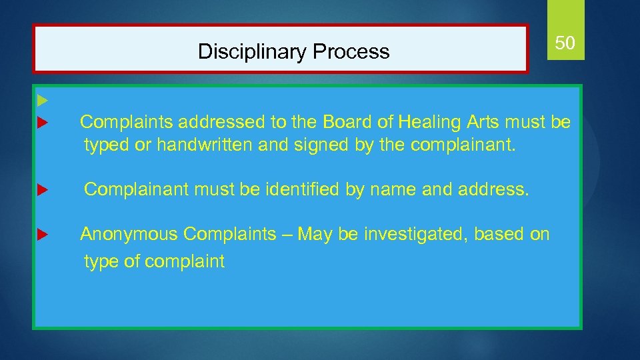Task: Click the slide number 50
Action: tap(565, 44)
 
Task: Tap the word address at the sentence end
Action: tap(493, 190)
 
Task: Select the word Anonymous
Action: tap(129, 234)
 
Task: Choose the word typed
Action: tap(107, 145)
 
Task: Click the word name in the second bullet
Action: tap(384, 190)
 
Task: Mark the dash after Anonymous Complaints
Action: tap(287, 235)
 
